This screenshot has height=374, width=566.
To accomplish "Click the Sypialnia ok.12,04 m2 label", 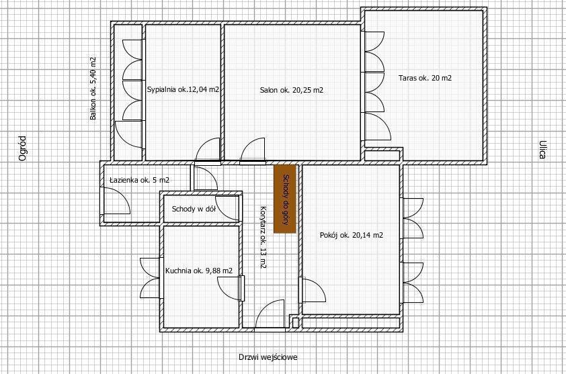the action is pyautogui.click(x=183, y=89).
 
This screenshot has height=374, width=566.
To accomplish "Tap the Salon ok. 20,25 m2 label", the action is pyautogui.click(x=292, y=90).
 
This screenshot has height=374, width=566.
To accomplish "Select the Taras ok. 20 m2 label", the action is pyautogui.click(x=425, y=78).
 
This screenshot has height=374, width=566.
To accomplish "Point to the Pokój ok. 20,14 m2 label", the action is pyautogui.click(x=352, y=235).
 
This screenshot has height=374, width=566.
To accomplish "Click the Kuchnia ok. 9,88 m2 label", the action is pyautogui.click(x=199, y=271).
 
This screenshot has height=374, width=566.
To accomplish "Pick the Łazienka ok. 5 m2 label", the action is pyautogui.click(x=139, y=179).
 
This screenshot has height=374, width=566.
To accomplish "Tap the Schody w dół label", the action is pyautogui.click(x=194, y=209).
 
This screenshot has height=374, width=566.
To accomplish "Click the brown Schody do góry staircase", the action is pyautogui.click(x=285, y=199).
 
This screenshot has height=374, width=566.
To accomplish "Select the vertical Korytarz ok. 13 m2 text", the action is pyautogui.click(x=264, y=237).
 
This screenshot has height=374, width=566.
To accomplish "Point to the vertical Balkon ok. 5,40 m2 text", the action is pyautogui.click(x=93, y=89).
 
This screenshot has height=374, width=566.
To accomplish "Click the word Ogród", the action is pyautogui.click(x=22, y=148).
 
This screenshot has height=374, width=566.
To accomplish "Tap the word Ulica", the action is pyautogui.click(x=542, y=150).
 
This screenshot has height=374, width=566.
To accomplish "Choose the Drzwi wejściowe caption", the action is pyautogui.click(x=268, y=357).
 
